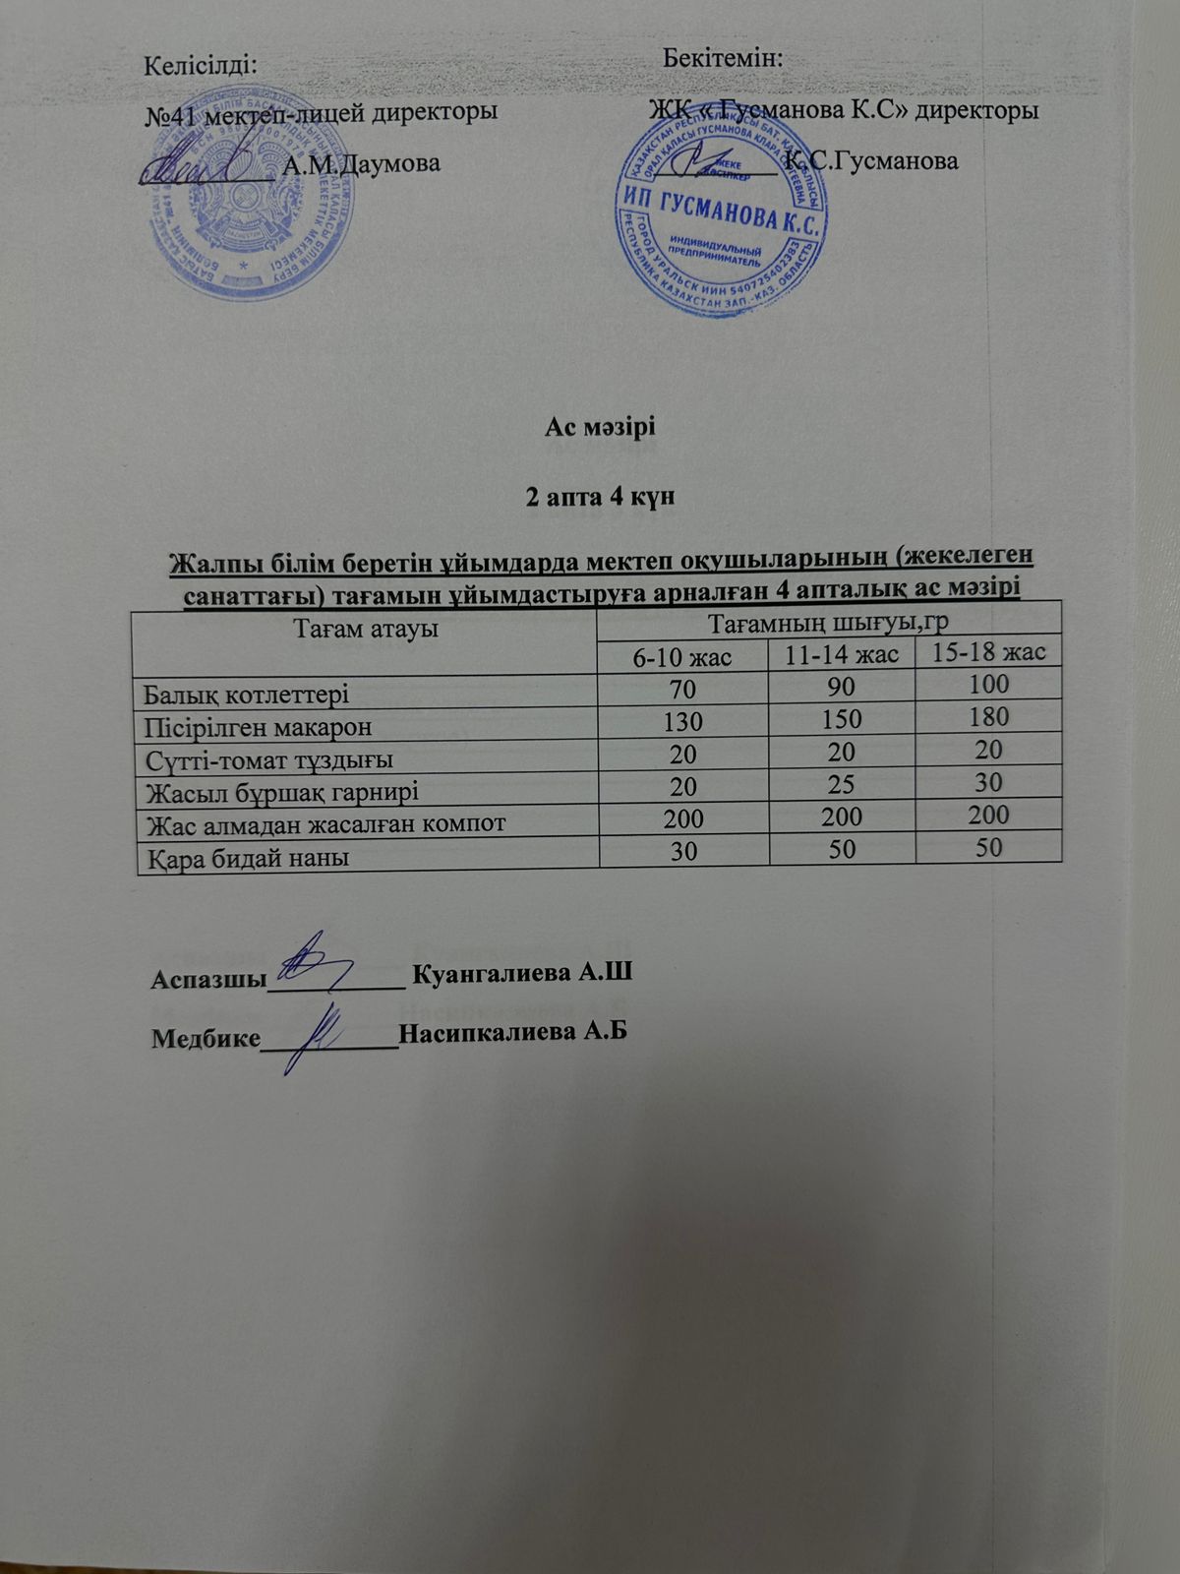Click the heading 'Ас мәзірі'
600,429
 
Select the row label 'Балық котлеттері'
247,695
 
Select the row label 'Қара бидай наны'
247,858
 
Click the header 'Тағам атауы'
366,629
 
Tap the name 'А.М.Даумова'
361,163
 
